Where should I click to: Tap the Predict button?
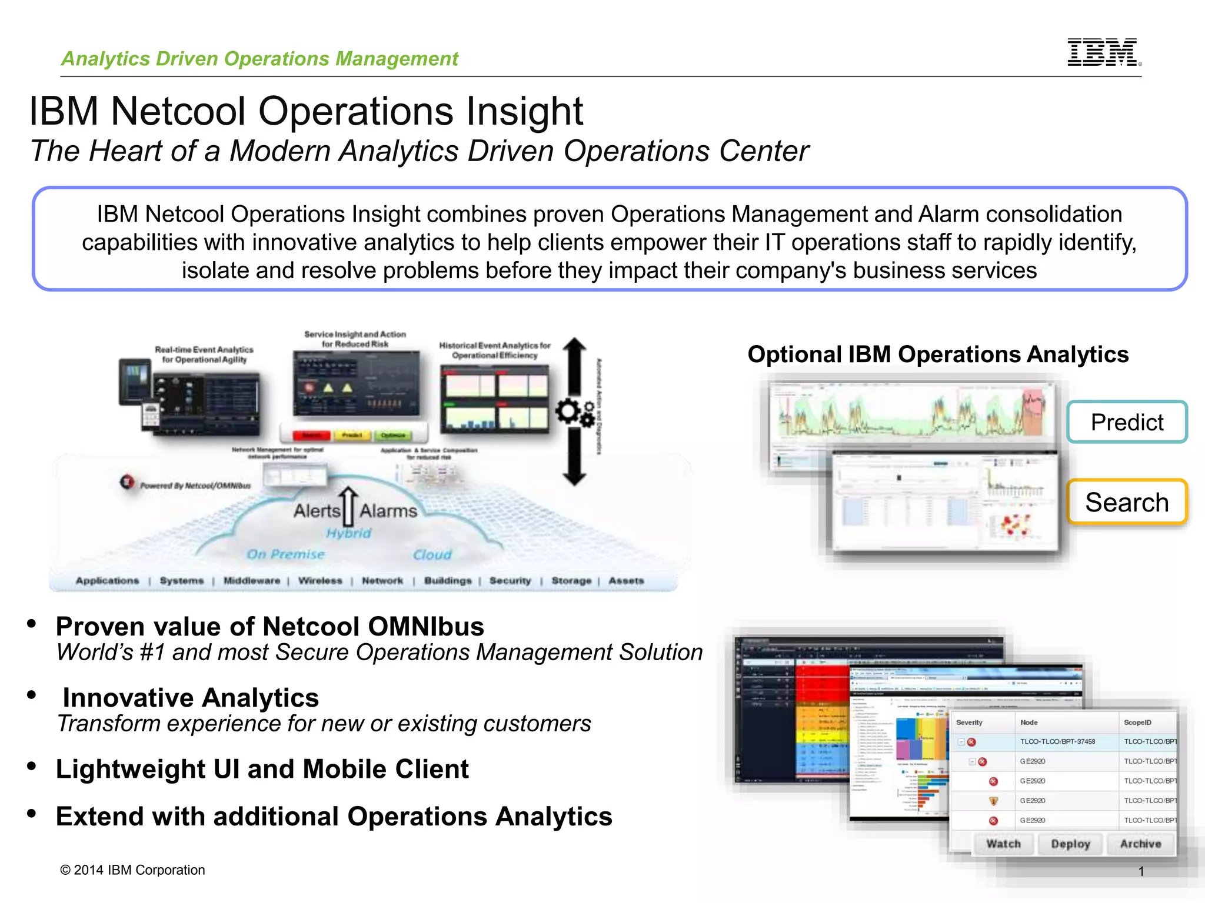pos(1127,422)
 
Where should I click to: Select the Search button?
pos(1127,502)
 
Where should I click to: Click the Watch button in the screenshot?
pos(1003,844)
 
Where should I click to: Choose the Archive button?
pos(1140,844)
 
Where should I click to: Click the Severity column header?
pos(969,723)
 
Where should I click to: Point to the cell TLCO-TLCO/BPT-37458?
pos(1057,742)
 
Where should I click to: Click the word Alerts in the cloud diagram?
pos(317,510)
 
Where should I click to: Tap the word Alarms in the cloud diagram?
pos(388,511)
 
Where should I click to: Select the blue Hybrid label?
pos(349,533)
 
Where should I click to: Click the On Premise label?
pos(285,554)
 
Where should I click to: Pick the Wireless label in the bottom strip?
pos(320,581)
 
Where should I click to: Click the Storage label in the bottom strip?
pos(571,581)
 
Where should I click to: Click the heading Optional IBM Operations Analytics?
pos(938,354)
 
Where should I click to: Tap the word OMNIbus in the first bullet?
pos(426,627)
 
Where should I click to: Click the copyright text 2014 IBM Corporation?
pos(133,870)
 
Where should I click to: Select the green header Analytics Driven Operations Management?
pos(259,59)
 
